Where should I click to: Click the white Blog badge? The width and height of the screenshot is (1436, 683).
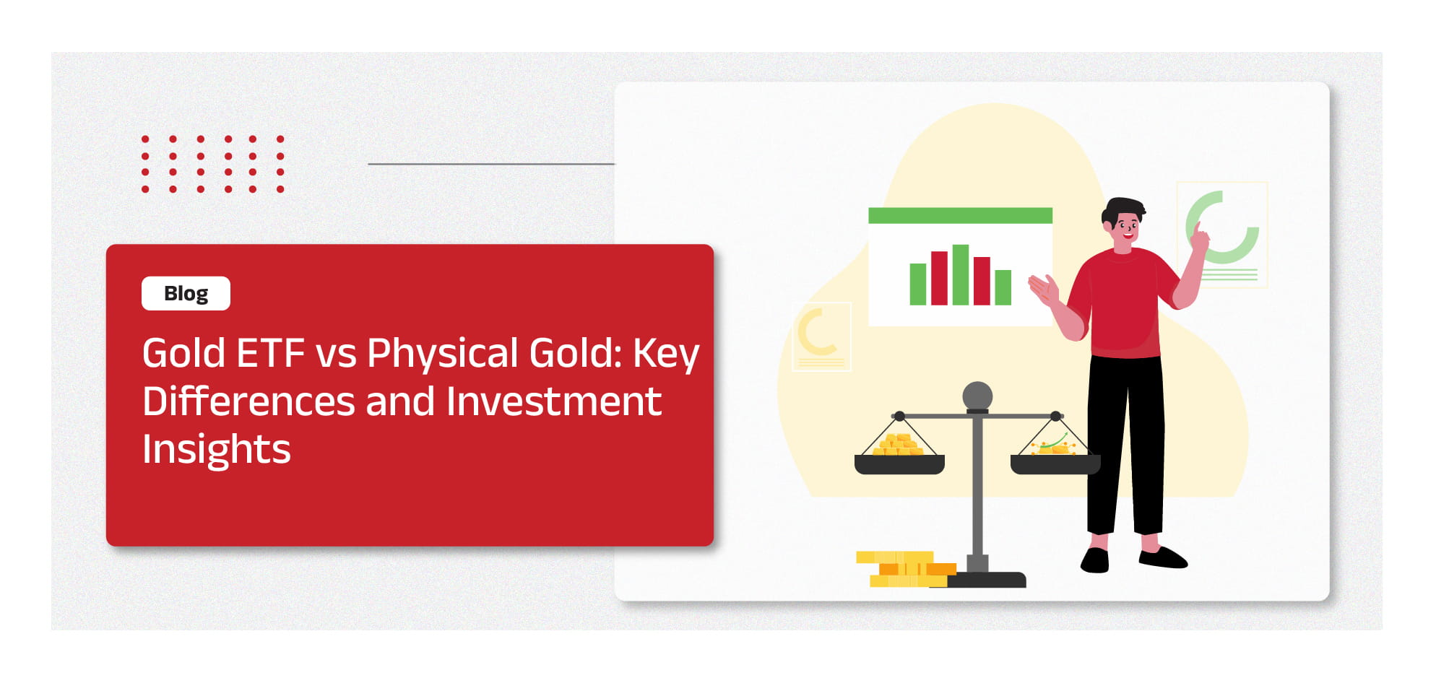[186, 293]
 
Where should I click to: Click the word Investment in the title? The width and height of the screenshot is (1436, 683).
[553, 401]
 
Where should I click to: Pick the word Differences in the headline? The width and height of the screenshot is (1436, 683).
[248, 401]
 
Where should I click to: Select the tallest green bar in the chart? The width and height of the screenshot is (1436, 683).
[960, 274]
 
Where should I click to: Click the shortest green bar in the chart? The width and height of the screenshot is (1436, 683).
[1003, 287]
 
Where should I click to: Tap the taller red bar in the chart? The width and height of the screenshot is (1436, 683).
[939, 278]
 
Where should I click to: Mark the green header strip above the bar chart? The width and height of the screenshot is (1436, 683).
[960, 215]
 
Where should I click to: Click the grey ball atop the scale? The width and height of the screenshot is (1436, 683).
[977, 396]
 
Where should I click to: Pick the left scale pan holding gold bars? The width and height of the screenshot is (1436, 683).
[899, 464]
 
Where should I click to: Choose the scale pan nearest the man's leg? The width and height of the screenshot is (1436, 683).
[1055, 464]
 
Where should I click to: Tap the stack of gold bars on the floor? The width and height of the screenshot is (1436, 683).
[906, 569]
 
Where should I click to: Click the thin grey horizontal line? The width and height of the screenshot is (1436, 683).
[491, 164]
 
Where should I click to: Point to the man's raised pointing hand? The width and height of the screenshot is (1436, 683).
[1199, 236]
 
